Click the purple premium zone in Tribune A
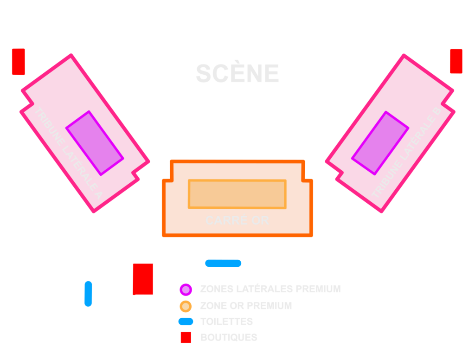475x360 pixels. tap(95, 143)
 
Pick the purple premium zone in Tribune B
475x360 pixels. tap(380, 143)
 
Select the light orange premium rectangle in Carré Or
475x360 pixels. tap(237, 194)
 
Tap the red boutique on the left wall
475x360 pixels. tap(18, 61)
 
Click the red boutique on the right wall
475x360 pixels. tap(456, 61)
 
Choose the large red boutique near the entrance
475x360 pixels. tap(142, 279)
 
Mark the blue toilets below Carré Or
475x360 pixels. tap(223, 263)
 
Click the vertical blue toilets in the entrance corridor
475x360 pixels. tap(88, 293)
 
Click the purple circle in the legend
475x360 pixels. tap(186, 289)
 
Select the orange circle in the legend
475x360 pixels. tap(186, 306)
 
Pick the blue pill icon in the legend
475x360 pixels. tap(186, 321)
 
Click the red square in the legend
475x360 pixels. tap(186, 338)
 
